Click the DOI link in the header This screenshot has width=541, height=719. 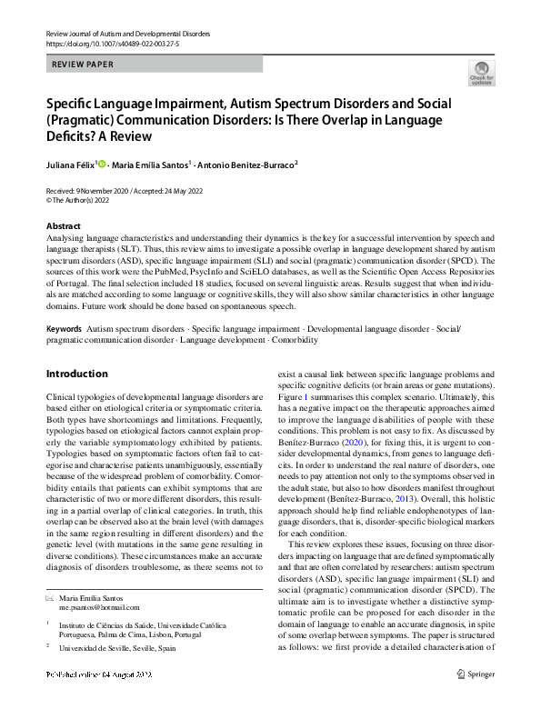[x=109, y=43]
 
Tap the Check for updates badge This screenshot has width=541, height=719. [x=481, y=74]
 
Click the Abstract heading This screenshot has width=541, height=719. [x=63, y=225]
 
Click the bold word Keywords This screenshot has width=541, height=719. [x=64, y=326]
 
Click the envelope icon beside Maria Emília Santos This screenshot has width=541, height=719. [x=51, y=596]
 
